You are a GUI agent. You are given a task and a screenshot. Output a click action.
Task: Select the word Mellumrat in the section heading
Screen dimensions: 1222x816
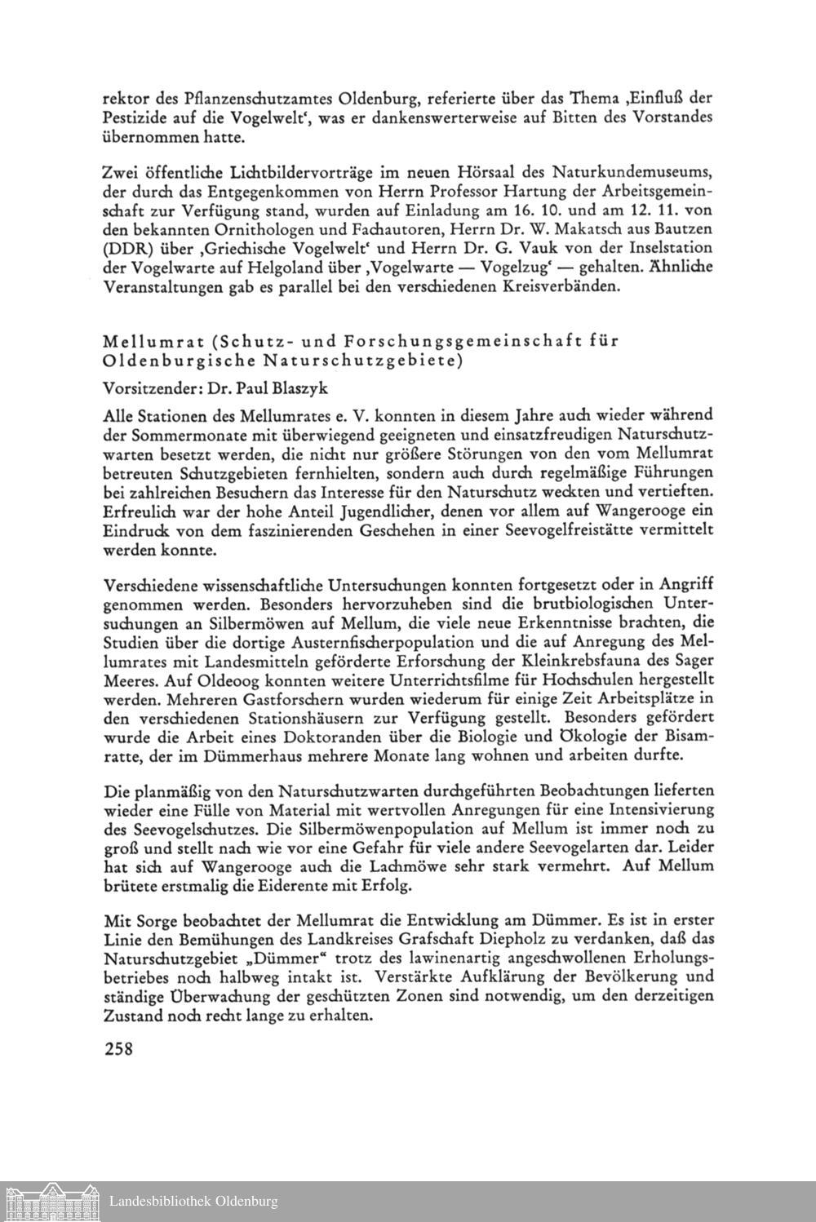pos(154,341)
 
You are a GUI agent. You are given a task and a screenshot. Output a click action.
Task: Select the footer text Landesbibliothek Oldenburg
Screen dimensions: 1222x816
pos(194,1201)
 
